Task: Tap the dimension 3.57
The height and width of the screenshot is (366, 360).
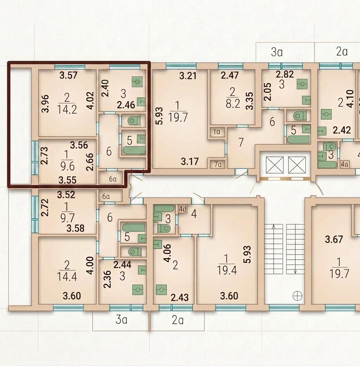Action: click(68, 76)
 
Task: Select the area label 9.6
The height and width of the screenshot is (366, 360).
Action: click(67, 166)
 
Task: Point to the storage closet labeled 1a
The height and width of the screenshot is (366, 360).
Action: click(217, 132)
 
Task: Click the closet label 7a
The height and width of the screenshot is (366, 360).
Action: click(218, 165)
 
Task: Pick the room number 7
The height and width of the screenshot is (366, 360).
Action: click(241, 142)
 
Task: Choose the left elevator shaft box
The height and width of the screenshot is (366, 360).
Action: click(275, 165)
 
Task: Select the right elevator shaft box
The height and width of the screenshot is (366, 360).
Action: click(297, 165)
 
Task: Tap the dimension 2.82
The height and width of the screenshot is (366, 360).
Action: click(284, 74)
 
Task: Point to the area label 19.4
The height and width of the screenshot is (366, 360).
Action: click(227, 270)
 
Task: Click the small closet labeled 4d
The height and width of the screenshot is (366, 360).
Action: click(182, 209)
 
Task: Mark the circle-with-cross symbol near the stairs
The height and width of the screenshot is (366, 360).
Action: click(297, 296)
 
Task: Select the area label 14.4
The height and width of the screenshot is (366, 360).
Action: click(67, 277)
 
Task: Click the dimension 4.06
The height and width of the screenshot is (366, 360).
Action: click(168, 253)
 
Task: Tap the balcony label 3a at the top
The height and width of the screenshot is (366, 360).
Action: click(277, 52)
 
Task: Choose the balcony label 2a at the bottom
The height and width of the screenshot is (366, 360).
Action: click(178, 320)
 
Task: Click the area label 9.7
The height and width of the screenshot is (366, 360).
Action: click(67, 218)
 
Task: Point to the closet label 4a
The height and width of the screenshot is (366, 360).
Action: click(344, 164)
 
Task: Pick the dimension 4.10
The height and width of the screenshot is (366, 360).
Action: click(351, 99)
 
